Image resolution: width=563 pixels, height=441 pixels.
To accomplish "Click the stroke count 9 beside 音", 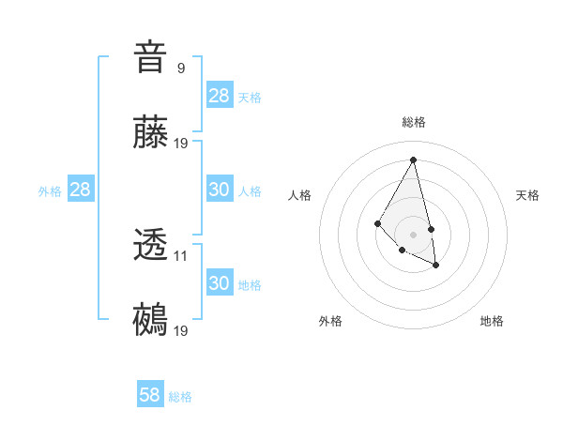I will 180,68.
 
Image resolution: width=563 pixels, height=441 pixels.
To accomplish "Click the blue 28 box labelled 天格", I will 220,96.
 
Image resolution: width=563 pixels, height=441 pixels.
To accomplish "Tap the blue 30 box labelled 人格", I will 220,190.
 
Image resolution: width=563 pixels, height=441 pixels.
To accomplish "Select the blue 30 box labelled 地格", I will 220,283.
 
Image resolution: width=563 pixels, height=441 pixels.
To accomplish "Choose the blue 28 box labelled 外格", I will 80,190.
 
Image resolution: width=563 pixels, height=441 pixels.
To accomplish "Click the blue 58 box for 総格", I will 149,395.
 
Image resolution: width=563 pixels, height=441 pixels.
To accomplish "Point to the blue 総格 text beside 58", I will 180,397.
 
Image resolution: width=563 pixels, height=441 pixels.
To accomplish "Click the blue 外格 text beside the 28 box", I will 50,191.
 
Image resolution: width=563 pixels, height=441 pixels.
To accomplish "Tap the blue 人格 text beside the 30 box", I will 250,191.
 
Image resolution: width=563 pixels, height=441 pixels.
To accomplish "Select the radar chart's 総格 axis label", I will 413,122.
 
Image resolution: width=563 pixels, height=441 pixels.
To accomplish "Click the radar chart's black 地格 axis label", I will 492,321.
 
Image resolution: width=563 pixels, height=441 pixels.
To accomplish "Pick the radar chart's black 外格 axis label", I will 330,321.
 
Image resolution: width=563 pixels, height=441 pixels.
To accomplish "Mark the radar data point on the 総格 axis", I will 413,160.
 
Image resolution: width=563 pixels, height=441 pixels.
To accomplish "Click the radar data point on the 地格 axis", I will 436,266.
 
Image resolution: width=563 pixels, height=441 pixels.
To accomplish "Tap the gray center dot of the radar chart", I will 413,234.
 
